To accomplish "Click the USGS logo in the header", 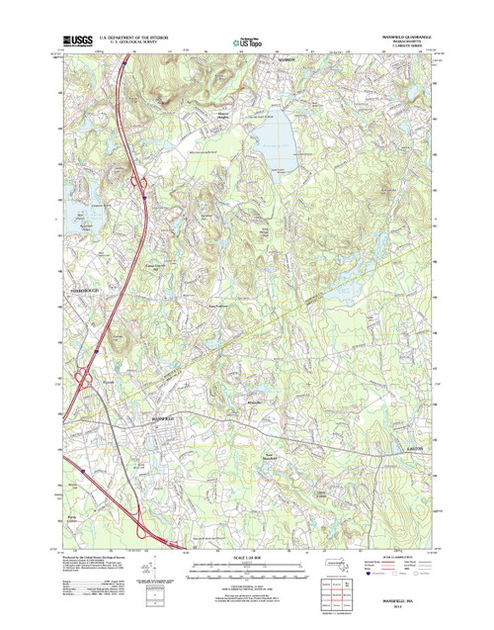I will point(80,41).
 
